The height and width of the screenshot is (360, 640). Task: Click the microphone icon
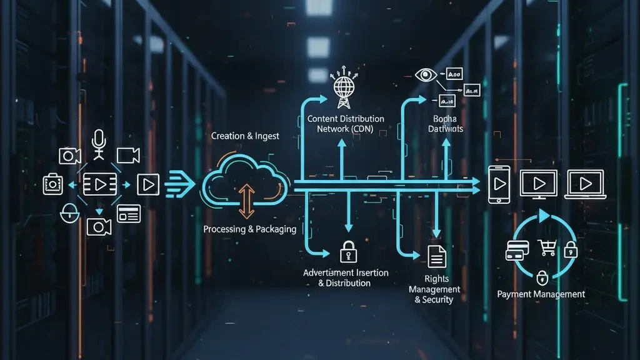(x=99, y=142)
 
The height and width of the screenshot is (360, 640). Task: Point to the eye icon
(x=427, y=75)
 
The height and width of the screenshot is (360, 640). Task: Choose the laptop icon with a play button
(x=585, y=184)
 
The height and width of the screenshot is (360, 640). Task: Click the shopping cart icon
(x=547, y=248)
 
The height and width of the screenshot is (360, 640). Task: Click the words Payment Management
(x=541, y=294)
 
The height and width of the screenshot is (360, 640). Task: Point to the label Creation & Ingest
(x=246, y=136)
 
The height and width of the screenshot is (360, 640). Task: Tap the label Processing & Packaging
(x=250, y=229)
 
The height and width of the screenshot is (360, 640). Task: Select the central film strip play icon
(x=100, y=184)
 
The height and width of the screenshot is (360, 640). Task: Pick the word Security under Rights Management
(x=437, y=299)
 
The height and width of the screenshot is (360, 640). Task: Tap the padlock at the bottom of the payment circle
(x=542, y=276)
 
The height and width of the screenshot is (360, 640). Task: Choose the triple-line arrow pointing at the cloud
(x=180, y=183)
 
